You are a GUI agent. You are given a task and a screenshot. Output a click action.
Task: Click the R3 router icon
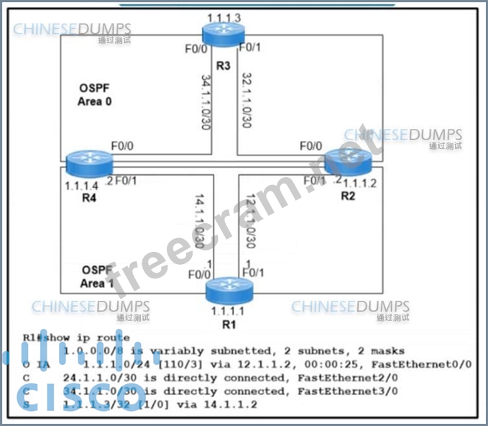223,35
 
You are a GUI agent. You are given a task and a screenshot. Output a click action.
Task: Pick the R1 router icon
229,292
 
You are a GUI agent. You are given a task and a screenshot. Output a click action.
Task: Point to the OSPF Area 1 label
97,276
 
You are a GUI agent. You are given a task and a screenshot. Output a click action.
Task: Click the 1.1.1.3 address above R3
224,17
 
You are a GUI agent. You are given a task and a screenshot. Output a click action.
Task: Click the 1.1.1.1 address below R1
228,312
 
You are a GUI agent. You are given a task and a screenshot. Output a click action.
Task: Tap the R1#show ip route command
75,337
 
